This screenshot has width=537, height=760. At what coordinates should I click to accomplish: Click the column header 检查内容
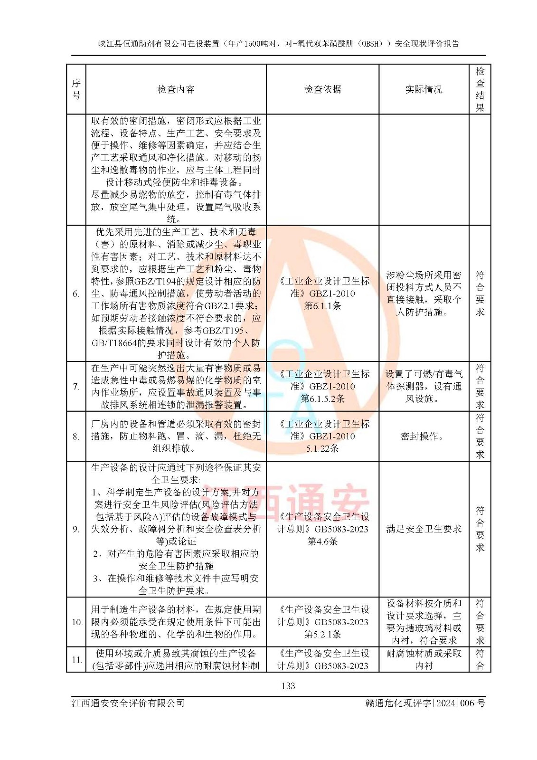[176, 89]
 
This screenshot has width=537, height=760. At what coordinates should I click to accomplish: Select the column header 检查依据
[322, 89]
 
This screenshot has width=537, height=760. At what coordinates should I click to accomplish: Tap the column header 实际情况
[424, 89]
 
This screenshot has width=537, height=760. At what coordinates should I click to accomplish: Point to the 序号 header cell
[76, 89]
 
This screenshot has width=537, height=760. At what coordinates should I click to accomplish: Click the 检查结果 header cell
[480, 89]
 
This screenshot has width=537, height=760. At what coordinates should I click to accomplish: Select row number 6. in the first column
[76, 294]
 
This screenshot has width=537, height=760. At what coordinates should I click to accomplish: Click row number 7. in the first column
[76, 387]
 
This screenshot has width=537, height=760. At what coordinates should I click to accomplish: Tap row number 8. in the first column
[76, 437]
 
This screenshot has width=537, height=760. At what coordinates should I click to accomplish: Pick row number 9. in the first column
[76, 529]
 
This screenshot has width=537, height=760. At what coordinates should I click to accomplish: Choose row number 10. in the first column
[76, 622]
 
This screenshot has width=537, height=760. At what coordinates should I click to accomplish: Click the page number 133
[288, 686]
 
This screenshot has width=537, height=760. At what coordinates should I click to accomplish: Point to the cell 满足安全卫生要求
[424, 529]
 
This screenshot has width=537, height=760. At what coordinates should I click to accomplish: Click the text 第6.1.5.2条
[322, 399]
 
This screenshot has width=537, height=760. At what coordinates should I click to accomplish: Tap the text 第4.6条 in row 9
[322, 541]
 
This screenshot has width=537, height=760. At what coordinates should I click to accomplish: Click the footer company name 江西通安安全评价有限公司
[128, 703]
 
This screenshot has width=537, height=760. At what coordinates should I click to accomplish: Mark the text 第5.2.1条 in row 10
[322, 634]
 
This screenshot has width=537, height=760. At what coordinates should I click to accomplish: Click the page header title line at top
[279, 44]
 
